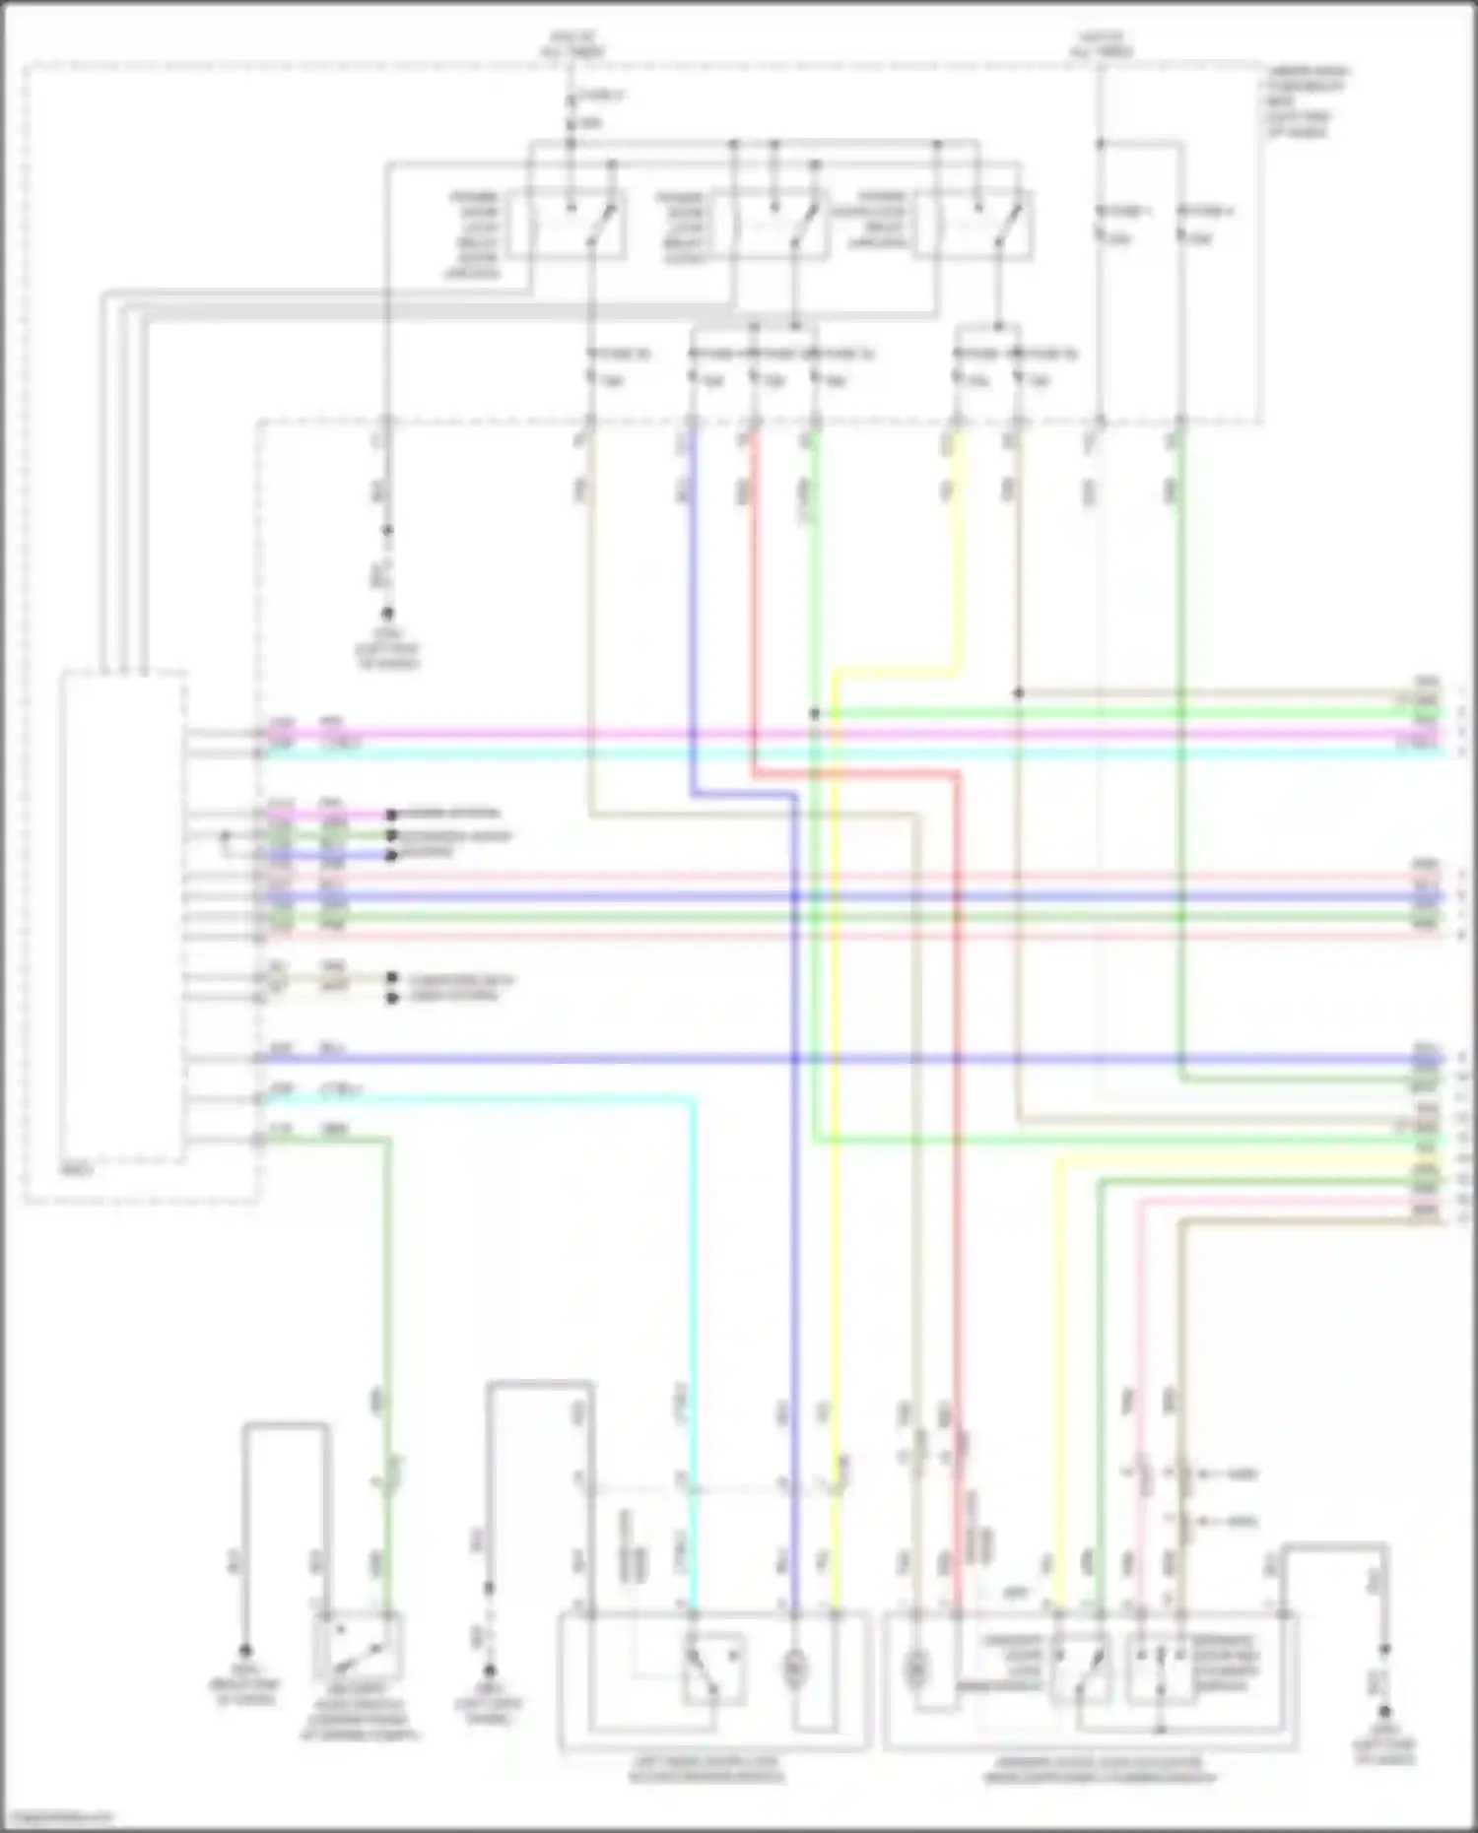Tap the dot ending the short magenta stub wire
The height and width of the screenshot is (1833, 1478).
point(391,815)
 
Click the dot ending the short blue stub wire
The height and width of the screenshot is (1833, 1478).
point(391,855)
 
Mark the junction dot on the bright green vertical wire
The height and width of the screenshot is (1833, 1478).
point(815,713)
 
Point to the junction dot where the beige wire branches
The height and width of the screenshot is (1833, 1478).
point(1019,692)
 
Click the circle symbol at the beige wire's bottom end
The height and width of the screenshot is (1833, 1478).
point(916,1668)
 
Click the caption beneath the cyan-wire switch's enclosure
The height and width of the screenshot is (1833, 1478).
point(707,1769)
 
